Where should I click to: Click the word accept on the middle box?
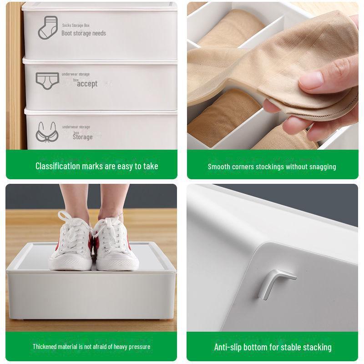pyautogui.click(x=87, y=84)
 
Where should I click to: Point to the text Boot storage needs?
pyautogui.click(x=84, y=33)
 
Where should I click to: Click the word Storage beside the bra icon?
pyautogui.click(x=82, y=136)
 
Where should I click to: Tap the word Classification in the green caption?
pyautogui.click(x=58, y=166)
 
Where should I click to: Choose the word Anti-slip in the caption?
pyautogui.click(x=229, y=347)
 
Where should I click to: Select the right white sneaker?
pyautogui.click(x=114, y=246)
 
